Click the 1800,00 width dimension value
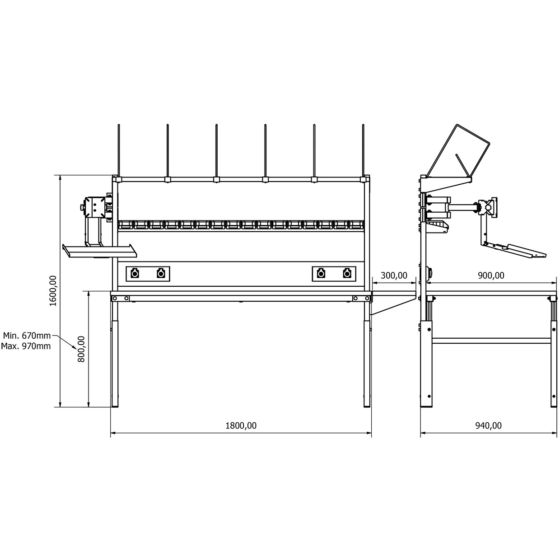coord(241,425)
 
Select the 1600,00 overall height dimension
coord(53,290)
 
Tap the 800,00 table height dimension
coord(81,349)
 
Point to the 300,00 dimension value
coord(394,275)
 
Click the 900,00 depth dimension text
coord(491,275)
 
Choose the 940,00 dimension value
coord(488,425)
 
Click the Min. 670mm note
coord(27,336)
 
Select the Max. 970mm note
coord(26,346)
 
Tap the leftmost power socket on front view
coord(135,274)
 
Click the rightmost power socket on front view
coord(346,274)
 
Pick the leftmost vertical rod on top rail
coord(119,150)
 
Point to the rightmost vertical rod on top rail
coord(363,150)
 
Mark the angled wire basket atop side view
coord(458,151)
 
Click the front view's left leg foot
coord(115,402)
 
